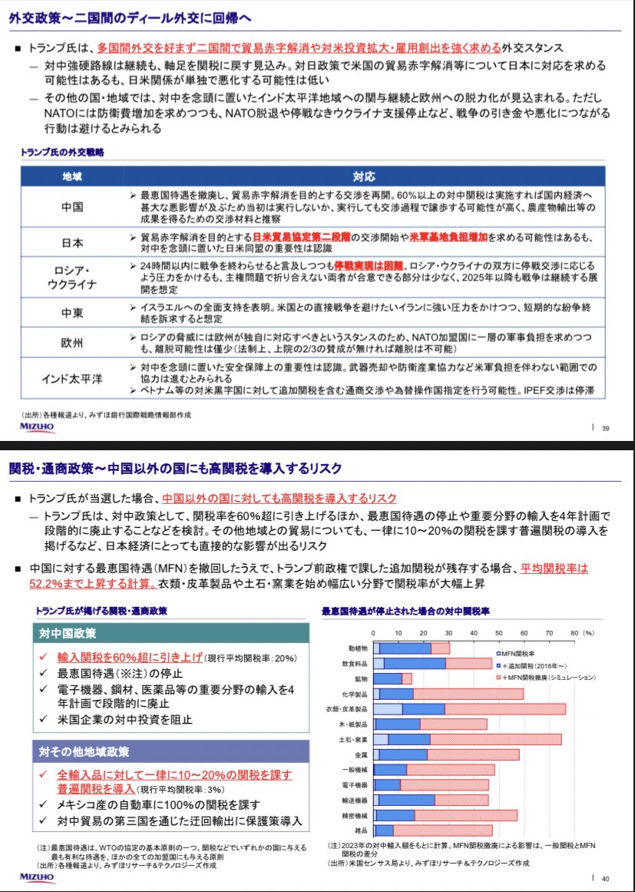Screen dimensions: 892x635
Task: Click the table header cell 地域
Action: [72, 176]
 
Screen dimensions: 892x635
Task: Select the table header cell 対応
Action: [363, 176]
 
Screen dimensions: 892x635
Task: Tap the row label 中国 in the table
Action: [72, 207]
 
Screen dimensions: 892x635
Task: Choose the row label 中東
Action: [72, 313]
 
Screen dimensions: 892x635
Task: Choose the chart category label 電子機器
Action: [356, 785]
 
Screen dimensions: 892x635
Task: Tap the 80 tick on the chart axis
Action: [574, 632]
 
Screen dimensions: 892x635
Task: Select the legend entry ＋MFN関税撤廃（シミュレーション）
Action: [549, 678]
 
